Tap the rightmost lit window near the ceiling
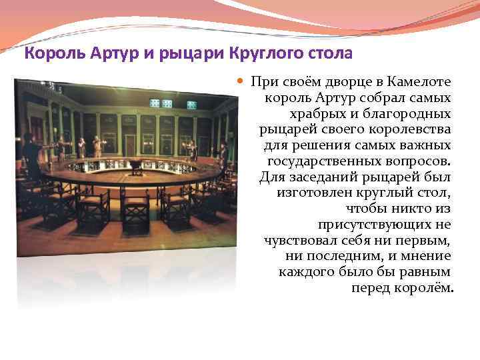[x=191, y=105]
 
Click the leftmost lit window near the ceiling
[x=155, y=103]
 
